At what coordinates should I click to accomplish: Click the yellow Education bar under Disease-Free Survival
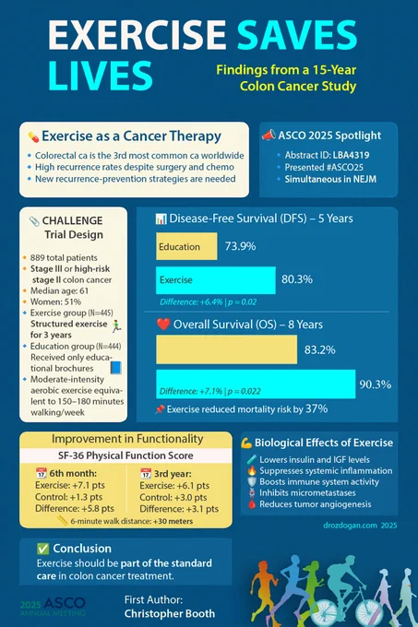pyautogui.click(x=186, y=246)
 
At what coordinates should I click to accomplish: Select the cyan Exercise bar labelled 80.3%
pyautogui.click(x=216, y=280)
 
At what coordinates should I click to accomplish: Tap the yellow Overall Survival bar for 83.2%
pyautogui.click(x=226, y=349)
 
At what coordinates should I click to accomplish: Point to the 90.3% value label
pyautogui.click(x=376, y=384)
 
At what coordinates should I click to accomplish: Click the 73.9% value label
pyautogui.click(x=240, y=246)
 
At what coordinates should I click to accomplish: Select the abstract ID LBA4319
pyautogui.click(x=351, y=155)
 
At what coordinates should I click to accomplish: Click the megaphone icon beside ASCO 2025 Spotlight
pyautogui.click(x=269, y=136)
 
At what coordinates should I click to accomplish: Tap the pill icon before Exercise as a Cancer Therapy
pyautogui.click(x=33, y=136)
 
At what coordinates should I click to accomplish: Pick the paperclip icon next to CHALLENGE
pyautogui.click(x=34, y=221)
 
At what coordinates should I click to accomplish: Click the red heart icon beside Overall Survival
pyautogui.click(x=163, y=324)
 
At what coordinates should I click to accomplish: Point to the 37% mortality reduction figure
pyautogui.click(x=316, y=408)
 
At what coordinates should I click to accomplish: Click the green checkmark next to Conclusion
pyautogui.click(x=42, y=549)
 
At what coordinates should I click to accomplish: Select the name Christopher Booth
pyautogui.click(x=170, y=613)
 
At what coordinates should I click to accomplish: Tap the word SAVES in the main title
pyautogui.click(x=296, y=35)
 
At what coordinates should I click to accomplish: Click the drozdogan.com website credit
pyautogui.click(x=350, y=525)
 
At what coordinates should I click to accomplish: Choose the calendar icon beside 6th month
pyautogui.click(x=42, y=473)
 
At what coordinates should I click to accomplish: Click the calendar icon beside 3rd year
pyautogui.click(x=146, y=473)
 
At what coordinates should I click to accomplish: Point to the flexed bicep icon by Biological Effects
pyautogui.click(x=246, y=444)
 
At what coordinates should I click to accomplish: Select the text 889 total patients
pyautogui.click(x=64, y=258)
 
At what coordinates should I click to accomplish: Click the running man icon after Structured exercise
pyautogui.click(x=116, y=325)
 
